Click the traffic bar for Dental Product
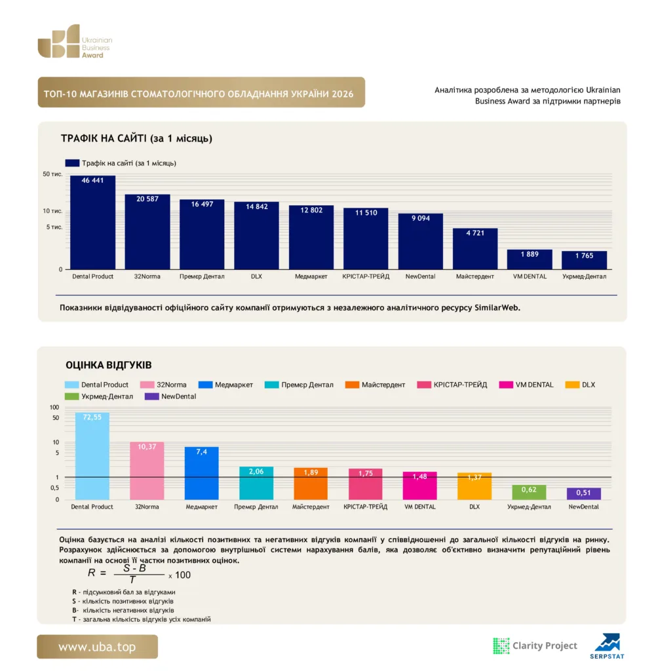(92, 222)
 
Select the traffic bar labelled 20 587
(147, 231)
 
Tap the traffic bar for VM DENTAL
(530, 259)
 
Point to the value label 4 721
(475, 233)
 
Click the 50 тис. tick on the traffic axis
(52, 174)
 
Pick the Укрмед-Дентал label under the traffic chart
(584, 277)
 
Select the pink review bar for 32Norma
(147, 470)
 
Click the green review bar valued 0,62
(529, 492)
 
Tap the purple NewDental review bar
(583, 493)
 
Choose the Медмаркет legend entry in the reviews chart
(225, 385)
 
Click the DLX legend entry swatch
(572, 385)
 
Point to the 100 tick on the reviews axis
(54, 408)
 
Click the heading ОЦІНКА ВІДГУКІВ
(109, 365)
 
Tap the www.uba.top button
(97, 647)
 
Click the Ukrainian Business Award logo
(75, 41)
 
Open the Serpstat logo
(607, 646)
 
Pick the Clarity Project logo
(535, 645)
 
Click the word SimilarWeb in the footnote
(497, 308)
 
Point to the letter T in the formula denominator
(132, 580)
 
